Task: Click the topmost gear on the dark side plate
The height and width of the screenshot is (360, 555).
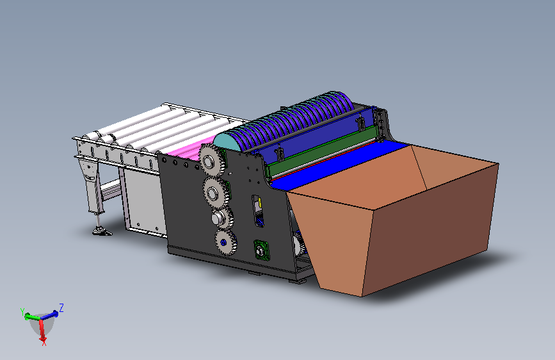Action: (x=211, y=161)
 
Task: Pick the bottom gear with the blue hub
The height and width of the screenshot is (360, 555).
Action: (x=225, y=242)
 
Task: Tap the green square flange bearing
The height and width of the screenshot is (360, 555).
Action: (x=261, y=250)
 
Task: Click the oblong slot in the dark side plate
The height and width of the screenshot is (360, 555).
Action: (x=258, y=211)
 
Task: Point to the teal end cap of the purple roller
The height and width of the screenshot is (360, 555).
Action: (x=229, y=142)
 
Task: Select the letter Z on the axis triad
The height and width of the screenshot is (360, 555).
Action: (x=61, y=307)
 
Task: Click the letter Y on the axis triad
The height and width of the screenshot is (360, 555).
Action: (x=22, y=312)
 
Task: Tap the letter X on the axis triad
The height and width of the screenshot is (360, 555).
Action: (x=44, y=342)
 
